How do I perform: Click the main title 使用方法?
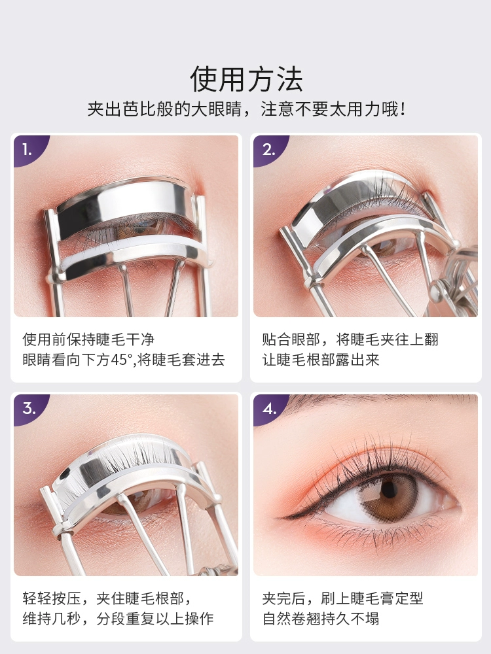click(x=246, y=79)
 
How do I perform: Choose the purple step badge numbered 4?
click(x=268, y=409)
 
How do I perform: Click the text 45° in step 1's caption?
click(x=122, y=360)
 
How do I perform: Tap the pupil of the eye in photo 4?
click(x=390, y=489)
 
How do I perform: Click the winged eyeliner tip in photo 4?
click(x=282, y=517)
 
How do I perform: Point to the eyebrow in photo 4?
click(x=376, y=400)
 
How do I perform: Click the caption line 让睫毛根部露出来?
click(x=321, y=360)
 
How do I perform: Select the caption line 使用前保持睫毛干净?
click(x=88, y=339)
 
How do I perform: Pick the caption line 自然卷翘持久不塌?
click(x=321, y=619)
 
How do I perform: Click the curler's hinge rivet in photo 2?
click(x=436, y=288)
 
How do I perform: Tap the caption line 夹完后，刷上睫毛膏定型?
click(x=343, y=598)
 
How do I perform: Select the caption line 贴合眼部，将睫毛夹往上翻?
click(x=350, y=339)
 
